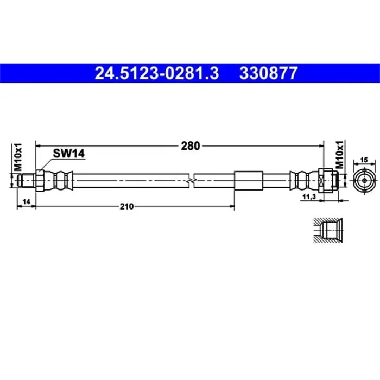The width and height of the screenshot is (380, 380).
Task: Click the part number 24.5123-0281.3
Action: point(157,73)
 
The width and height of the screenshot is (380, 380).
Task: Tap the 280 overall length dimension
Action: point(191,145)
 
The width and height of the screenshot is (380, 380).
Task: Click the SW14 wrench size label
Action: point(69,154)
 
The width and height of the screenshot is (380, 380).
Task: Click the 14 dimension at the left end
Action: point(25,201)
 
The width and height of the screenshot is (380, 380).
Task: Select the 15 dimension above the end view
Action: point(364,160)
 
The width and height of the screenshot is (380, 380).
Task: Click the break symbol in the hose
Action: point(192,179)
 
